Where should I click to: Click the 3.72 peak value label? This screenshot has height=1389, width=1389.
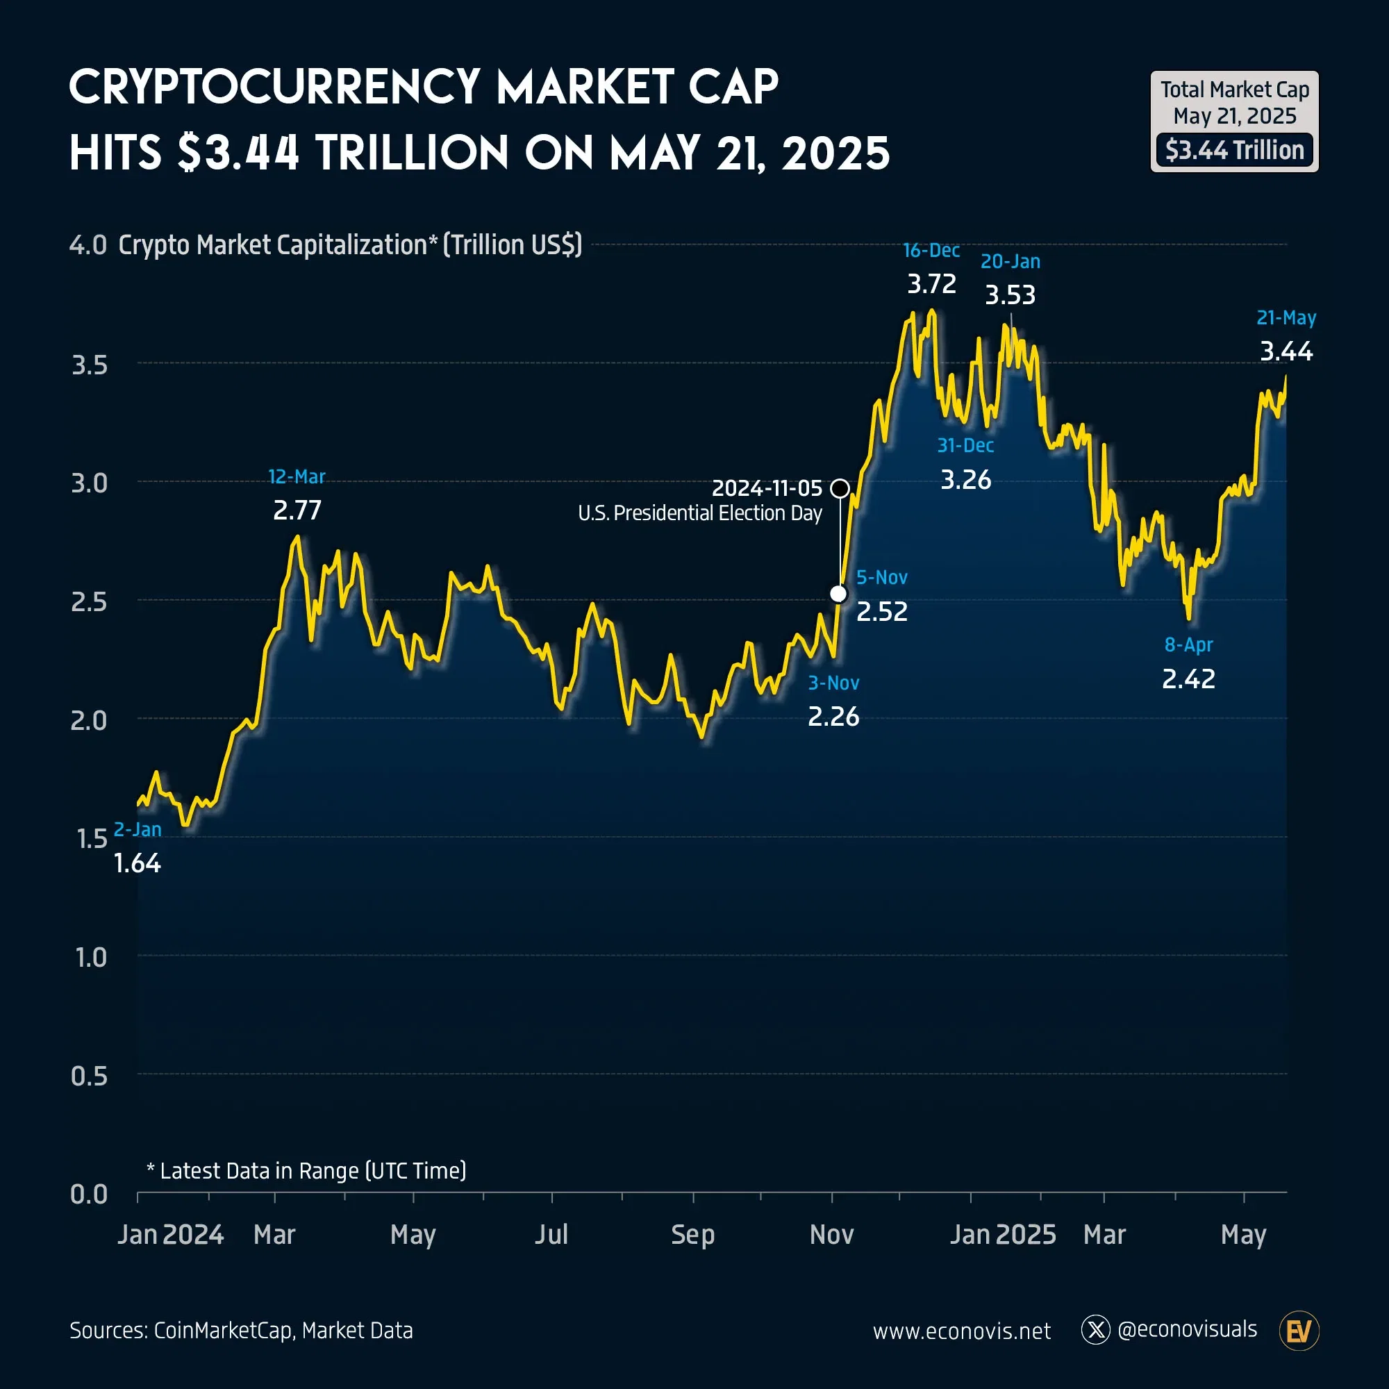(x=931, y=284)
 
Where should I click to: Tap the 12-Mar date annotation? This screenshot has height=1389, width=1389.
(x=297, y=476)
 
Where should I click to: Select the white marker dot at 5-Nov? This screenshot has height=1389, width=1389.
(x=838, y=594)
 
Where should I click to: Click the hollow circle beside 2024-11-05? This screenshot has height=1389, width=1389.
(x=840, y=489)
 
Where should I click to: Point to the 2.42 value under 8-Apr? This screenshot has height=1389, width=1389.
(x=1188, y=679)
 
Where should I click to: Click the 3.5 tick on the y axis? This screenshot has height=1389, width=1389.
(x=89, y=365)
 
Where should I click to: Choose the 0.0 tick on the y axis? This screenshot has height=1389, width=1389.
(x=88, y=1194)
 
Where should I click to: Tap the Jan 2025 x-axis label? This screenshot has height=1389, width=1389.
(x=1002, y=1234)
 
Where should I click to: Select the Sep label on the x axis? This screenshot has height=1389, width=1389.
(x=692, y=1234)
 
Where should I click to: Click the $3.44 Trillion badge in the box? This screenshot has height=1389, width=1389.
(x=1234, y=150)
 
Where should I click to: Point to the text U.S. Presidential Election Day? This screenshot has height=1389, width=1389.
(x=699, y=513)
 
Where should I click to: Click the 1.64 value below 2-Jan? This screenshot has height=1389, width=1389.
(x=138, y=863)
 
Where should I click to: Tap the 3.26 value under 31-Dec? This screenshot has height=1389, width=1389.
(x=965, y=479)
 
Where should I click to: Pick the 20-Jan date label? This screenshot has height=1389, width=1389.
(x=1010, y=262)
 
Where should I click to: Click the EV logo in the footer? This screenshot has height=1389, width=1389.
(x=1299, y=1331)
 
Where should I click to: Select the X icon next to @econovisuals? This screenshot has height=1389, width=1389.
(x=1096, y=1330)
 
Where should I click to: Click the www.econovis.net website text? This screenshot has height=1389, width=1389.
(x=961, y=1331)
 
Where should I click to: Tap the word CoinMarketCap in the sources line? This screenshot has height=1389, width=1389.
(x=223, y=1331)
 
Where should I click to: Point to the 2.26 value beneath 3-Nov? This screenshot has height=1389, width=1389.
(x=833, y=717)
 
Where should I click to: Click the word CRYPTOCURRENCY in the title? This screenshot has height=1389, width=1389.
(x=274, y=88)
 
